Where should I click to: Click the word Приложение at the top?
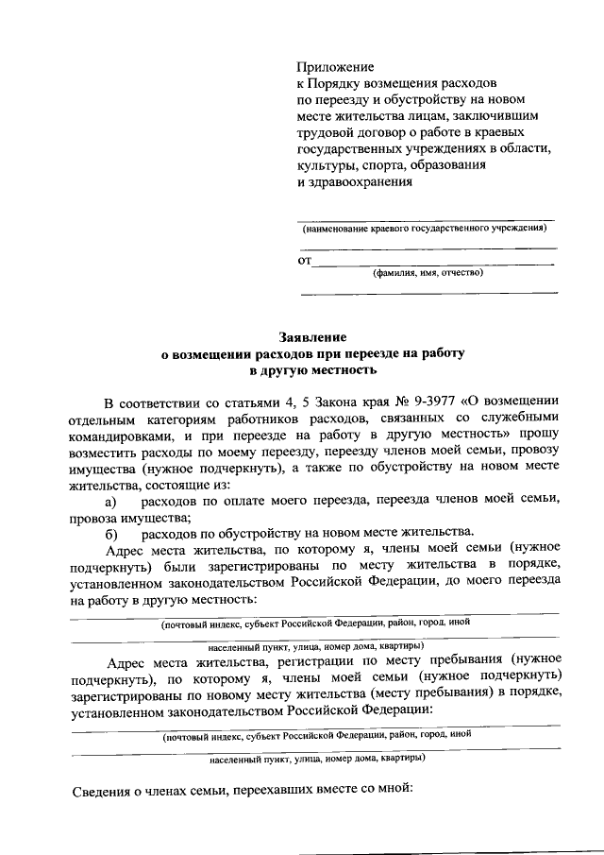coord(336,67)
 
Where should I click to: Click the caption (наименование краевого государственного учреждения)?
coord(424,229)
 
